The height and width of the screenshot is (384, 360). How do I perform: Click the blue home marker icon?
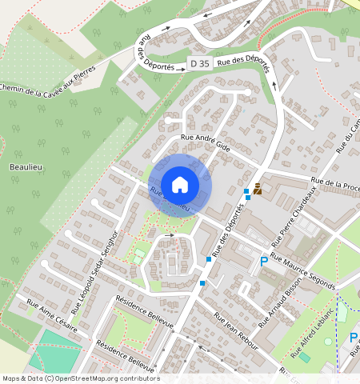[180, 185]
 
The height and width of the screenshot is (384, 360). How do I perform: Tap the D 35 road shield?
[198, 63]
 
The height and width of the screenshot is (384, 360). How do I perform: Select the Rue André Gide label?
[207, 142]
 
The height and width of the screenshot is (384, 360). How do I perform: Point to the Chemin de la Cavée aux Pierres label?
[48, 81]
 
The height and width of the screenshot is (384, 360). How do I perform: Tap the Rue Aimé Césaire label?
[53, 315]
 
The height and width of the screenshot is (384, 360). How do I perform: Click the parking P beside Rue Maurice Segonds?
[264, 262]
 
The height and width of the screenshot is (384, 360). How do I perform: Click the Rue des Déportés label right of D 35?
[244, 60]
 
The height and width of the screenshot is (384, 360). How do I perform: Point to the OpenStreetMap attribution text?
[80, 378]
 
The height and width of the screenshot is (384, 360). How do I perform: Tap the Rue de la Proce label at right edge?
[336, 185]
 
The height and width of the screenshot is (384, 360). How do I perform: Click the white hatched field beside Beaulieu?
[88, 176]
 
